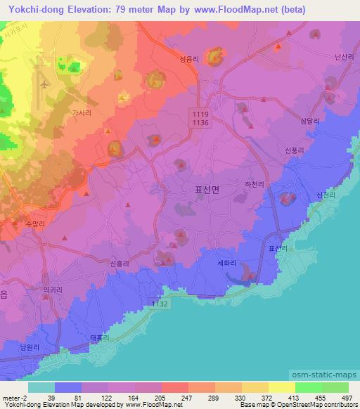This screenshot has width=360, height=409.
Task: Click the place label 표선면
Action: (x=206, y=190)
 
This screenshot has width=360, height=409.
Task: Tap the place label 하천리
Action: (x=252, y=184)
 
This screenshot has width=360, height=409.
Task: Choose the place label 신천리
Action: (x=327, y=195)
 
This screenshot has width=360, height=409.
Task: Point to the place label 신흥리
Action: (x=121, y=263)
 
